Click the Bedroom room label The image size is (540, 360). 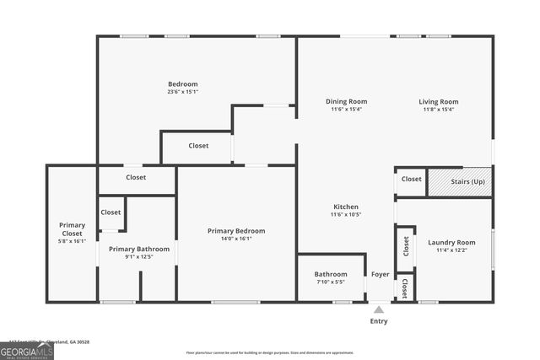pos(182,83)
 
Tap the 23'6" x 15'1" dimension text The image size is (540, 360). pos(182,92)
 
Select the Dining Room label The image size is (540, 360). pos(346,101)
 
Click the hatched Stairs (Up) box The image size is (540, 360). pos(460,181)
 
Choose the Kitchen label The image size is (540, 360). pos(346,207)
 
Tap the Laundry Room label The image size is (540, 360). pos(451,242)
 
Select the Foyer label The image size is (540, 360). pos(381,274)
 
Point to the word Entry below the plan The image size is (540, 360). pos(380,321)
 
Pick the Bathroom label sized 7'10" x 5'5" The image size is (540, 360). pos(331,274)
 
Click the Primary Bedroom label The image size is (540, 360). pos(236,230)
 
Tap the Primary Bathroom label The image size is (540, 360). pos(139,249)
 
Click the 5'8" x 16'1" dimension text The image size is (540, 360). pos(72,241)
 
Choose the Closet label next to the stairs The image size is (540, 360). pos(412,179)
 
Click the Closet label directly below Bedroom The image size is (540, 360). pos(198,146)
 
